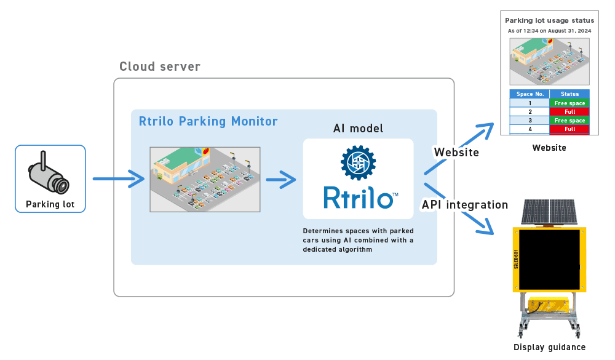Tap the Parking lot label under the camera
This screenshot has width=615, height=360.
point(50,204)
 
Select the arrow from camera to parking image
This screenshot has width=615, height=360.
point(118,180)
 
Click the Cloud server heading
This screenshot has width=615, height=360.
point(160,66)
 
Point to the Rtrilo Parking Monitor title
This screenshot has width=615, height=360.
point(208,121)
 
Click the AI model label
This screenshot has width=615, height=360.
point(358,128)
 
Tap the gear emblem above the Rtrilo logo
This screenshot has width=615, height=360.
point(358,162)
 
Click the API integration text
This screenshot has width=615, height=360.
point(464,204)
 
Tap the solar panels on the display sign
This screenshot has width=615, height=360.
point(549,212)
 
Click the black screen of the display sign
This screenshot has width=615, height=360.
point(549,260)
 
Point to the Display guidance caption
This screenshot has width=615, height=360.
point(550,348)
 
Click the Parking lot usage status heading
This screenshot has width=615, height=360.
point(549,20)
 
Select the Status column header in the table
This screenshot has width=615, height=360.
point(569,94)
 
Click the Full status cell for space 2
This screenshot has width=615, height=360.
point(569,112)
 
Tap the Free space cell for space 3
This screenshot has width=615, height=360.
point(569,121)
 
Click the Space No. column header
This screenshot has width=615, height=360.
point(530,94)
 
